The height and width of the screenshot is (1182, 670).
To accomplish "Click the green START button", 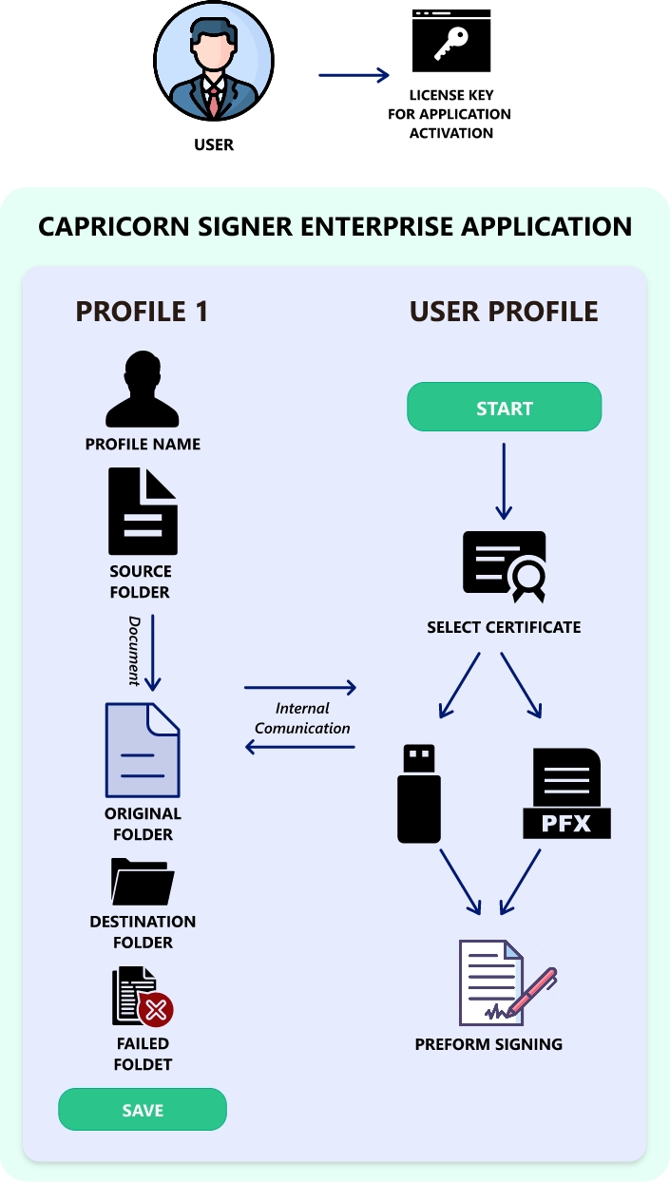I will tap(504, 408).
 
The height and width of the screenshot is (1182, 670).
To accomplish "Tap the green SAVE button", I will tap(143, 1110).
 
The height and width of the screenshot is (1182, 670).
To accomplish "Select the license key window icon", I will tap(451, 41).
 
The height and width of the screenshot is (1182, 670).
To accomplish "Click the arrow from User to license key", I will tap(354, 75).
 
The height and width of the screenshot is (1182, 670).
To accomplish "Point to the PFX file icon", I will tap(566, 793).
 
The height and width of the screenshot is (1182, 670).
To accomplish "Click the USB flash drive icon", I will tap(418, 793).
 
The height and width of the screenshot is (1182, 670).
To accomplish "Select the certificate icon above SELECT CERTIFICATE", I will tap(505, 566).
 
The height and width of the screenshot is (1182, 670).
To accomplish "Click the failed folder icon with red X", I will tap(143, 998).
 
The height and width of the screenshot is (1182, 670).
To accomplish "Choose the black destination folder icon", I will tap(143, 881).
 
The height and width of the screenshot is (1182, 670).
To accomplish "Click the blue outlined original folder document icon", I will tap(143, 750).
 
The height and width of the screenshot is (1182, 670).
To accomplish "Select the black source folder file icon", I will tap(143, 511).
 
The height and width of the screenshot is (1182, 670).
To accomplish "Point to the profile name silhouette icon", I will tap(143, 390).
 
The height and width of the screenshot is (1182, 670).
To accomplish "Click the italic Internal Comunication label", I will tap(302, 718).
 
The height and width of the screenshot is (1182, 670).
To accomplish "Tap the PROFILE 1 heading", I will tap(142, 312).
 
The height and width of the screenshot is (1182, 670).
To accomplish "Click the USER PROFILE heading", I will tap(504, 312).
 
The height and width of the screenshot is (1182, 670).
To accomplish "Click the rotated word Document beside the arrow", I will tap(135, 651).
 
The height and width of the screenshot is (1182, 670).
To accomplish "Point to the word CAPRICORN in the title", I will tap(105, 226).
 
